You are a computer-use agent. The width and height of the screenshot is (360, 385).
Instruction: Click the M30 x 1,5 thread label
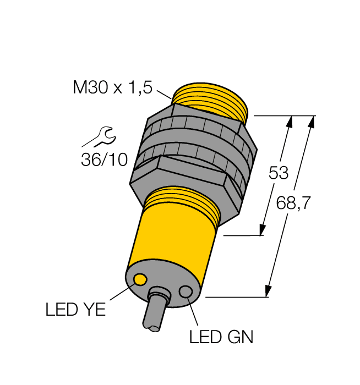coord(112,88)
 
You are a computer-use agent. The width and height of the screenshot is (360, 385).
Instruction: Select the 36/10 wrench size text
coord(104,159)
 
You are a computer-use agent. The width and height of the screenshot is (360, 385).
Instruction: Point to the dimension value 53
coord(279,174)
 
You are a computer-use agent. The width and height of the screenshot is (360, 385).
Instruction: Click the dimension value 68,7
coord(293,204)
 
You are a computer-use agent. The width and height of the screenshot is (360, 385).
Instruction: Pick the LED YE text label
coord(75,310)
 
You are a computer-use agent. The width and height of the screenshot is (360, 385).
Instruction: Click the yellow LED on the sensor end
coord(140,280)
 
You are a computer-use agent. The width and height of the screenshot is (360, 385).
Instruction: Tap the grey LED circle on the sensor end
coord(186,292)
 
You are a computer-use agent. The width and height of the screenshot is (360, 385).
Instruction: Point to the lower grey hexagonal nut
coord(182,182)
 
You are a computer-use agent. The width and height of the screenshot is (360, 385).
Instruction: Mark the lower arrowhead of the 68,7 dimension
coord(269,291)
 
